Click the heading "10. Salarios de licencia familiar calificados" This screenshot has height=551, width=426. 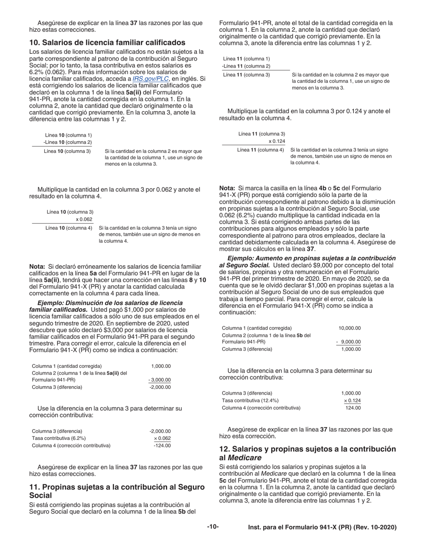pyautogui.click(x=107, y=43)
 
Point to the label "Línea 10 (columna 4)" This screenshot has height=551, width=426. pyautogui.click(x=69, y=228)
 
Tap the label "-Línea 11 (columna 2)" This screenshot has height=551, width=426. pyautogui.click(x=246, y=66)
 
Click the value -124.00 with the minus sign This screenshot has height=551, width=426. pyautogui.click(x=162, y=445)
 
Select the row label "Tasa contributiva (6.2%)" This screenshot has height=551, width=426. pyautogui.click(x=59, y=438)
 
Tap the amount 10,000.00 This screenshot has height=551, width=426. pyautogui.click(x=349, y=328)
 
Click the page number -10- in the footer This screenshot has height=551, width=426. pyautogui.click(x=213, y=527)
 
